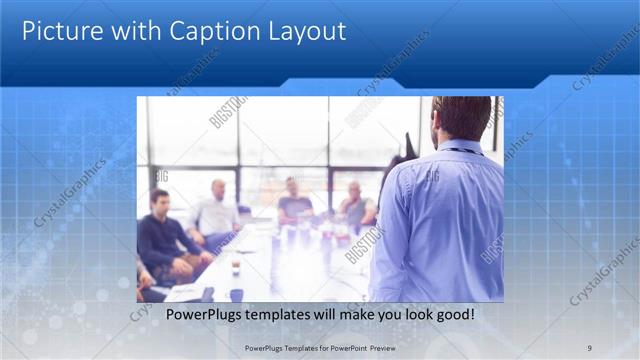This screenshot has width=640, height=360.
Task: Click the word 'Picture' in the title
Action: (x=60, y=31)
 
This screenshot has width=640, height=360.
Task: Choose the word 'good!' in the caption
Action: (x=452, y=315)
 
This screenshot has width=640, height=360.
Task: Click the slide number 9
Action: (x=590, y=347)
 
